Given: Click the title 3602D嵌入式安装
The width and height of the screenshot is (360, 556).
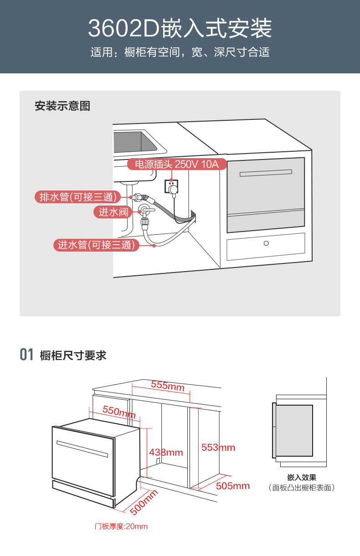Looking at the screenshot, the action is pyautogui.click(x=180, y=28).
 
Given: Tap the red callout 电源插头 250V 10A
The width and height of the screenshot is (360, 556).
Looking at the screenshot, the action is pyautogui.click(x=177, y=164).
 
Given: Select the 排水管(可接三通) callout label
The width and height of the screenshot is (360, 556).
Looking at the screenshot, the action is pyautogui.click(x=77, y=197).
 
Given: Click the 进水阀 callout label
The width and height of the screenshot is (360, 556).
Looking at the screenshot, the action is pyautogui.click(x=113, y=212).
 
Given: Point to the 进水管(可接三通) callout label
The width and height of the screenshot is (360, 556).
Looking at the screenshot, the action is pyautogui.click(x=96, y=245).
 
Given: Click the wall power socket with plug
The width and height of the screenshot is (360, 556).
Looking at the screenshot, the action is pyautogui.click(x=171, y=188).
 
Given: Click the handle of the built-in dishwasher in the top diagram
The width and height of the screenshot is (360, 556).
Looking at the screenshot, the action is pyautogui.click(x=266, y=173).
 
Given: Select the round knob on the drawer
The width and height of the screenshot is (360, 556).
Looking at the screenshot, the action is pyautogui.click(x=266, y=243).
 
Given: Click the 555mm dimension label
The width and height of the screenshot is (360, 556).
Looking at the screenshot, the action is pyautogui.click(x=168, y=386).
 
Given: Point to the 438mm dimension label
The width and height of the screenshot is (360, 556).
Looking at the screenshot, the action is pyautogui.click(x=166, y=452).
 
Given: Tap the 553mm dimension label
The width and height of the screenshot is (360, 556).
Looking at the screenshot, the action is pyautogui.click(x=218, y=447).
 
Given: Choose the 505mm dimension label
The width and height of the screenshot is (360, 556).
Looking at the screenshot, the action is pyautogui.click(x=233, y=486).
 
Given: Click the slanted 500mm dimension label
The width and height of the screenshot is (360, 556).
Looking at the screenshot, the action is pyautogui.click(x=144, y=502).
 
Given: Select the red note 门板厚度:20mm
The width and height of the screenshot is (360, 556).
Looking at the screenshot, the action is pyautogui.click(x=121, y=526).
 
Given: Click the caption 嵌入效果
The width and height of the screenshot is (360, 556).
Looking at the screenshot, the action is pyautogui.click(x=302, y=477).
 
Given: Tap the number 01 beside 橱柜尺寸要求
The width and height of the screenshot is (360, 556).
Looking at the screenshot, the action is pyautogui.click(x=26, y=354).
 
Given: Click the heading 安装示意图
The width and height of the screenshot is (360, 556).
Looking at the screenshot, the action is pyautogui.click(x=62, y=106).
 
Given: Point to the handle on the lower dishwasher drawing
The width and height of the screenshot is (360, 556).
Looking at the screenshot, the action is pyautogui.click(x=82, y=449).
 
